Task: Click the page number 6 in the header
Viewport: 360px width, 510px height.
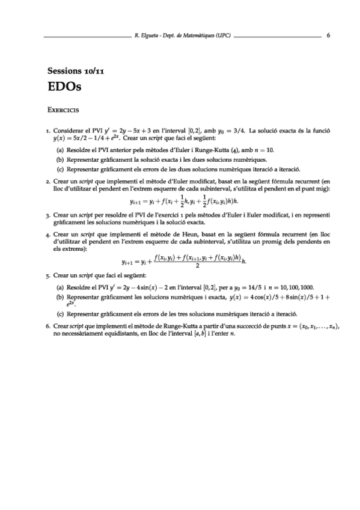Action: pyautogui.click(x=328, y=35)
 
